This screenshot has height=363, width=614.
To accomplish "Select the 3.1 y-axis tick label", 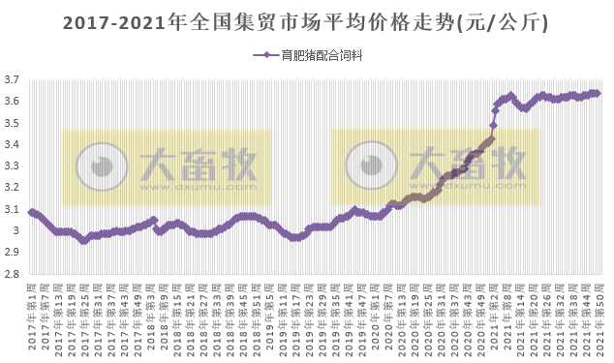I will [13, 209].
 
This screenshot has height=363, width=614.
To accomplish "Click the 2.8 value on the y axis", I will [13, 274].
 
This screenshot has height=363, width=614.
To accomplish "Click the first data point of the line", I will [32, 212].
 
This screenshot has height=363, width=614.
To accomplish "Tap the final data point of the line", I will [598, 93].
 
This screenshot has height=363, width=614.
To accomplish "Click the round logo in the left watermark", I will [97, 166].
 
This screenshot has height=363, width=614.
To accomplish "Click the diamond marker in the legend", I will [266, 56].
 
